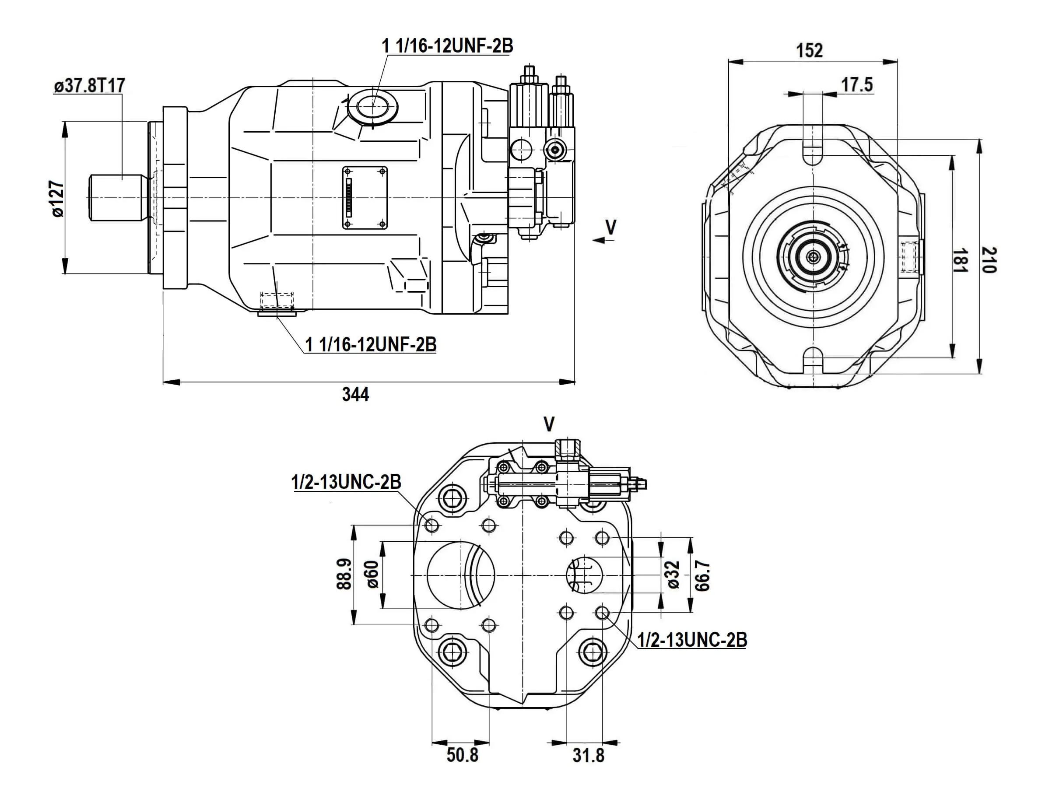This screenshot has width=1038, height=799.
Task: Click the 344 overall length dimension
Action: [x=355, y=395]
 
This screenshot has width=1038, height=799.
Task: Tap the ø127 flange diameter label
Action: [x=57, y=198]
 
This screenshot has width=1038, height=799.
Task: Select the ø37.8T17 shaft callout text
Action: [x=89, y=86]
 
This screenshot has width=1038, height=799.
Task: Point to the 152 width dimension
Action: [x=809, y=50]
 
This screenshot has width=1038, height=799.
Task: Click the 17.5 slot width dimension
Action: [x=857, y=85]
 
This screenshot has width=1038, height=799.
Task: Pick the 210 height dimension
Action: [x=989, y=259]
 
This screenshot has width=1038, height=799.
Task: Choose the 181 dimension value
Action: [x=960, y=260]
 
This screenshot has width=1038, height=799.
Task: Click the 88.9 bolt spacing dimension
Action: [x=344, y=574]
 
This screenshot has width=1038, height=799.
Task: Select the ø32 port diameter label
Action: [x=673, y=575]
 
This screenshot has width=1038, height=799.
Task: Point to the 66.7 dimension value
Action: [x=702, y=575]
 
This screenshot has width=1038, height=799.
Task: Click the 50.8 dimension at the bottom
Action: [x=462, y=755]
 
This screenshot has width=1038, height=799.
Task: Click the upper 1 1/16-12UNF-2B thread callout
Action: [x=447, y=46]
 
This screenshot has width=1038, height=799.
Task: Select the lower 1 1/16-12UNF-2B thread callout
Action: [x=371, y=345]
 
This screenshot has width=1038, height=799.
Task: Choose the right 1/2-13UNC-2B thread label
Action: [x=692, y=640]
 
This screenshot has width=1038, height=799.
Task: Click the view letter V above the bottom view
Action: [x=549, y=424]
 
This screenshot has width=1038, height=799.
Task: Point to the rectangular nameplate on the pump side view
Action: [x=365, y=198]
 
